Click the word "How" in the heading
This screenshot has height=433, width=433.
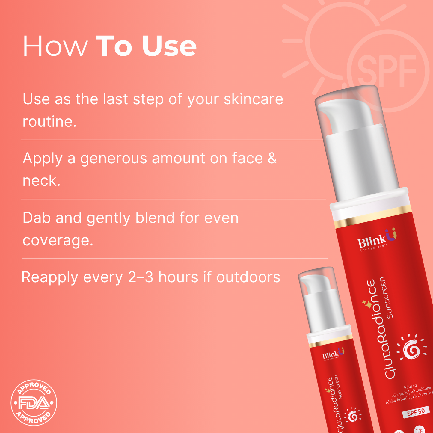55,46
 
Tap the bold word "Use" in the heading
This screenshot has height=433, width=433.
169,46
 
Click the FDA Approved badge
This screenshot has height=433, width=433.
34,403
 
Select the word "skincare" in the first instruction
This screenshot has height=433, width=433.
253,99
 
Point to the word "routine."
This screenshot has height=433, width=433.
49,122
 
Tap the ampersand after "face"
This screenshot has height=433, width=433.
272,158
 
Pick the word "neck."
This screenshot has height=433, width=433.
42,181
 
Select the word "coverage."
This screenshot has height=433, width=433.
58,240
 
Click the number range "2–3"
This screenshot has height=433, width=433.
141,277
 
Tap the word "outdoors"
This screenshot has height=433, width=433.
248,277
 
